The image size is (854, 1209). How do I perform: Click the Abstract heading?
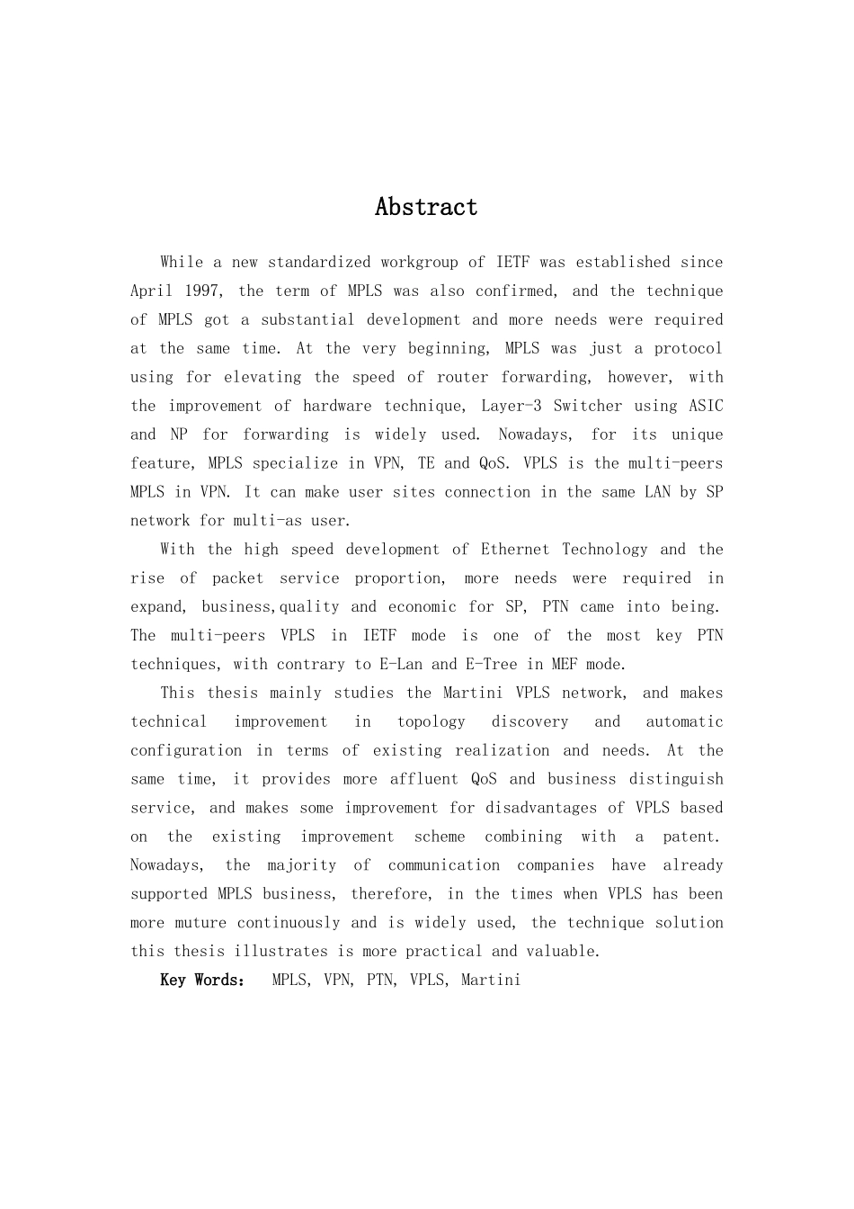pyautogui.click(x=426, y=207)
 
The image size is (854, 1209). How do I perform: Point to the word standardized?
pyautogui.click(x=319, y=262)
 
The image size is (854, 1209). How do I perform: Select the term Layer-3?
pyautogui.click(x=511, y=406)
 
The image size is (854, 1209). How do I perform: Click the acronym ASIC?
pyautogui.click(x=706, y=406)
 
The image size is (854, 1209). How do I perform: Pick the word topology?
pyautogui.click(x=431, y=721)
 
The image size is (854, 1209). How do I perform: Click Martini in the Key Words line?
pyautogui.click(x=491, y=980)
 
